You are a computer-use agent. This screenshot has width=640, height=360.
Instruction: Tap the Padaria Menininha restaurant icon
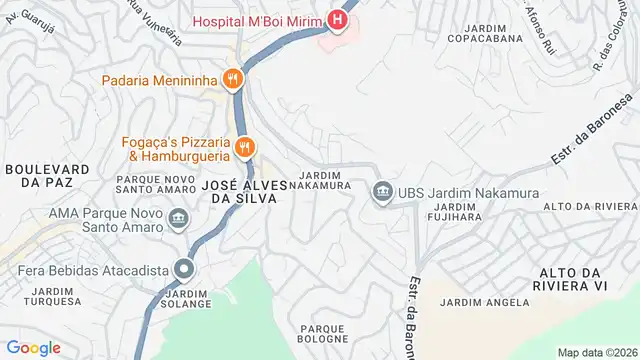(232, 79)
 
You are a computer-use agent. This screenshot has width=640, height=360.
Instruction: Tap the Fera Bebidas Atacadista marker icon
(184, 268)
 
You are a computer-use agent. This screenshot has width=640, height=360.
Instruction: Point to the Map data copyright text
(596, 352)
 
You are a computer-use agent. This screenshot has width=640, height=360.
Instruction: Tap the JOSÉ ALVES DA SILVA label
(244, 191)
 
